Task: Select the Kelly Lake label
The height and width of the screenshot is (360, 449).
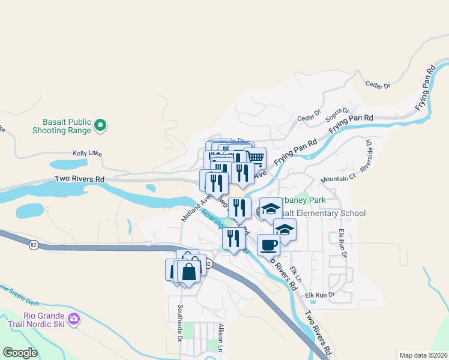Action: point(88,154)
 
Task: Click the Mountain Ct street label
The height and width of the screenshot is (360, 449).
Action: point(338,179)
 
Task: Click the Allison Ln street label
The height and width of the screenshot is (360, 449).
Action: point(221,338)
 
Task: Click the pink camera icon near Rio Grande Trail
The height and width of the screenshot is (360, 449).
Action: point(74,319)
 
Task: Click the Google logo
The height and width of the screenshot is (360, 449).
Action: point(20,353)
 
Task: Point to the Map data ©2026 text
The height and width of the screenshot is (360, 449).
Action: point(423,355)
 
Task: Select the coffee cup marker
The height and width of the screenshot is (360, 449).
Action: point(268,245)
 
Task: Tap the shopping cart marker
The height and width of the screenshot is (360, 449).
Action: point(256,158)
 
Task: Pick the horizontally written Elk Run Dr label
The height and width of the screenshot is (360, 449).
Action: point(319,295)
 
